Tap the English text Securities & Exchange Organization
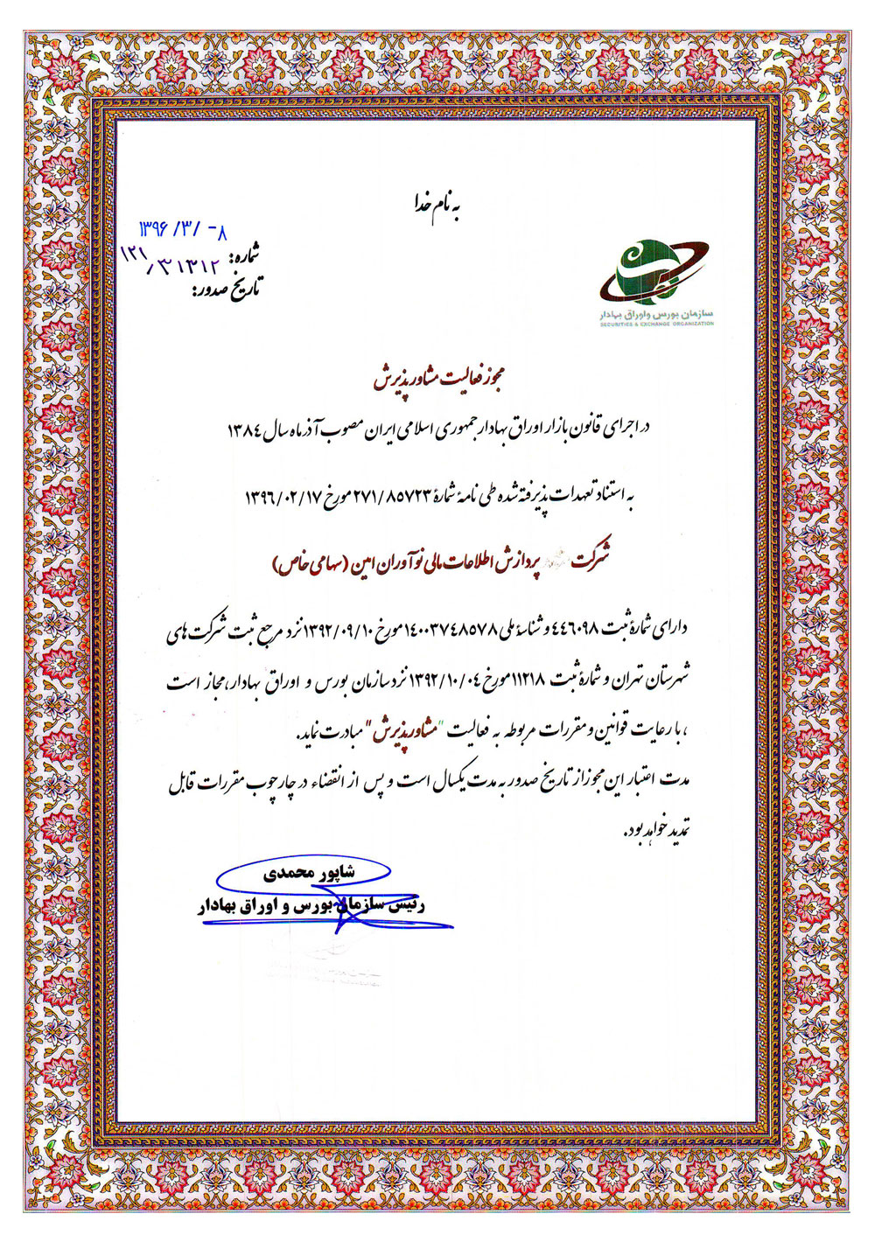(657, 324)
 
